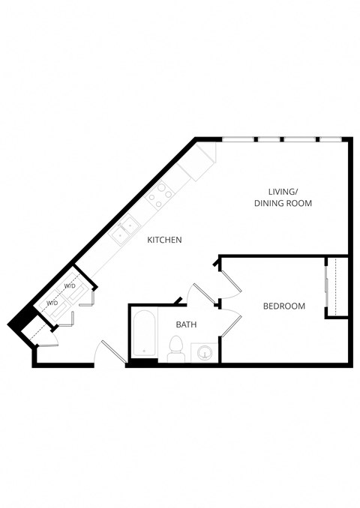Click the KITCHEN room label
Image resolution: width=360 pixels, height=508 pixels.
point(164,240)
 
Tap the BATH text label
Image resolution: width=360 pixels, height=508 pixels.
point(186,324)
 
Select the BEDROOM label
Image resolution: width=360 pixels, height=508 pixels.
point(284,306)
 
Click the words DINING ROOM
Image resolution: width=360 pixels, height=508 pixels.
point(283,203)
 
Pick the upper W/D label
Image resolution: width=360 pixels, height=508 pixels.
point(69,286)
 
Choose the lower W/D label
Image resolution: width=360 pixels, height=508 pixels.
point(53,303)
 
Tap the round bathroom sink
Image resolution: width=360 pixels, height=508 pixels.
point(204,351)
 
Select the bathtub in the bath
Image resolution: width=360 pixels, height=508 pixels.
point(145,336)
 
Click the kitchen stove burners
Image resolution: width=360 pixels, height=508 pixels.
point(159,196)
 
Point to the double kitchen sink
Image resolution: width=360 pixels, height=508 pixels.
point(124,229)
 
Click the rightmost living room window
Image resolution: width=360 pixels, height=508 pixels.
point(331,139)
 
